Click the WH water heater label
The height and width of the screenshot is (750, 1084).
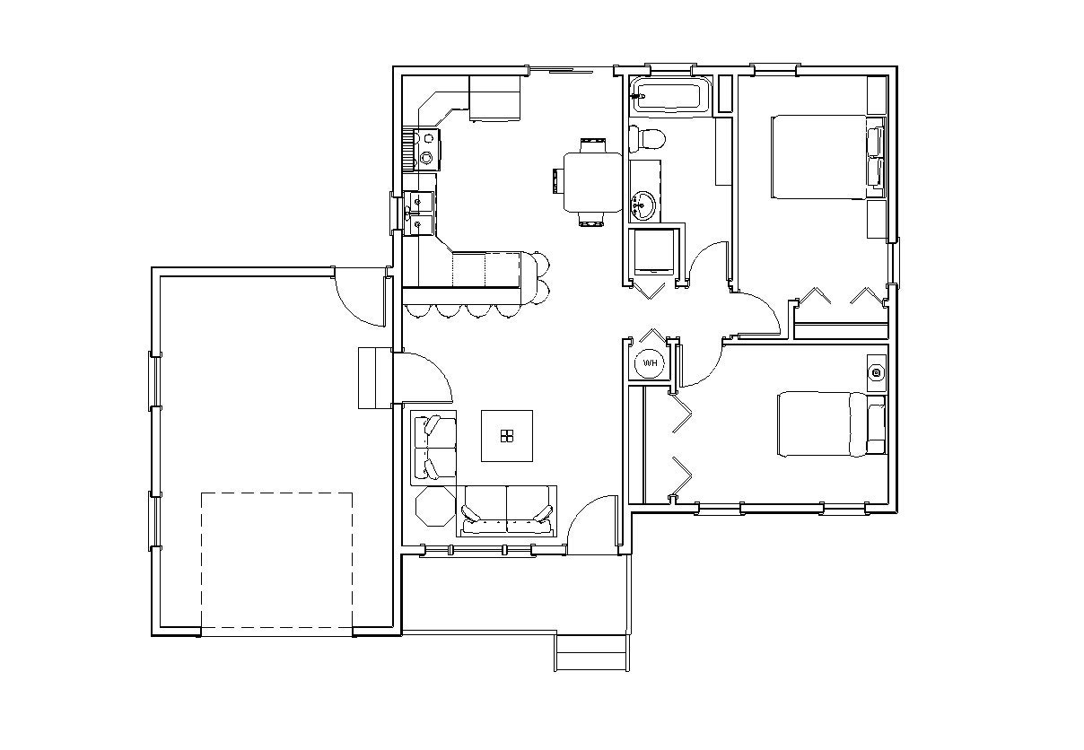coord(651,363)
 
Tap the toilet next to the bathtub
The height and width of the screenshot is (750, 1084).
coord(647,138)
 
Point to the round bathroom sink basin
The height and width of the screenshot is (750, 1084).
coord(644,206)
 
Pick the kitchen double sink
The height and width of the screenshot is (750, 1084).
coord(419,214)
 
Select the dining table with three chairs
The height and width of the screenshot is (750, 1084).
coord(591,181)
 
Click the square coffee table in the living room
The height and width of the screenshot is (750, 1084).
coord(508,435)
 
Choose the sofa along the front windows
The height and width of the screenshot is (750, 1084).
coord(508,511)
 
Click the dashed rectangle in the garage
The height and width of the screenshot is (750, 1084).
coord(276,563)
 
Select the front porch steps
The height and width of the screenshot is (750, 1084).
coord(590,652)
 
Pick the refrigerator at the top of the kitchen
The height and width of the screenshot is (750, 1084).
coord(494,98)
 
